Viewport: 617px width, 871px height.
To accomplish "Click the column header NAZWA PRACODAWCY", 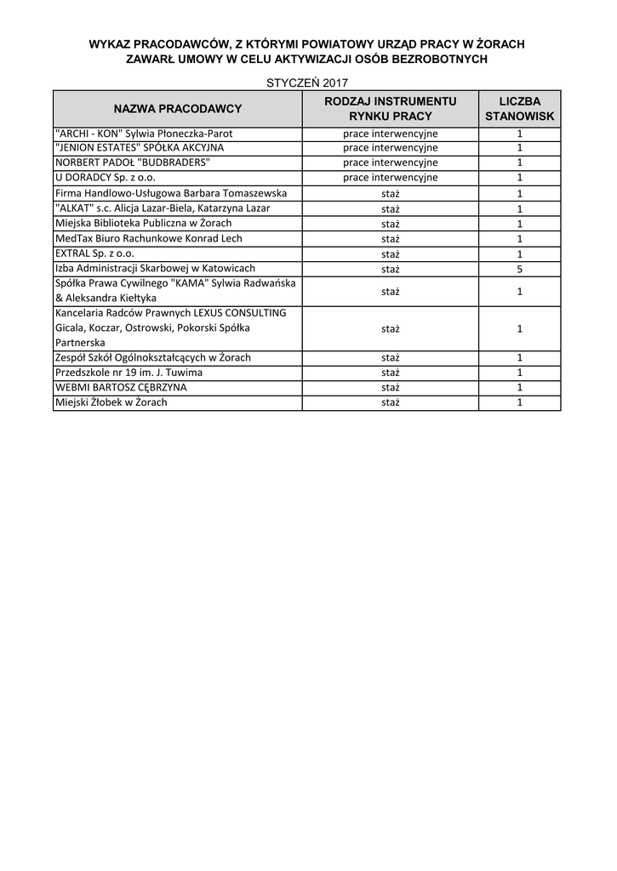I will click(177, 109).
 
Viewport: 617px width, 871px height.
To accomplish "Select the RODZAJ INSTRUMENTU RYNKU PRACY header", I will click(391, 109).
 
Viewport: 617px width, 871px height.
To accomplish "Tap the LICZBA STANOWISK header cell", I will click(519, 109).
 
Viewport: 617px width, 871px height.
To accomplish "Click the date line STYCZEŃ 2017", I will click(307, 83).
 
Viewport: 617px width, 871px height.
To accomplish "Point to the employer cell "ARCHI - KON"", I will click(143, 134).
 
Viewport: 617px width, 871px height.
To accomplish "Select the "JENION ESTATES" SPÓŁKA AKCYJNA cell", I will click(139, 148).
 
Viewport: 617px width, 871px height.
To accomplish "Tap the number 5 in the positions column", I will click(519, 269).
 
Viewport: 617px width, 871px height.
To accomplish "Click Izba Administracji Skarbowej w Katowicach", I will click(155, 269).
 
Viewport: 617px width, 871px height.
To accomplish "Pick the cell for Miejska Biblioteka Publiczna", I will click(143, 224).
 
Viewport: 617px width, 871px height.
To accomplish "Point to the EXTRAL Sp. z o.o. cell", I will click(94, 253).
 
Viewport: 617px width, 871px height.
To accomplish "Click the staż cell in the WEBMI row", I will click(391, 388).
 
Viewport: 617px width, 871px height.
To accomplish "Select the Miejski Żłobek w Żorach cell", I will click(111, 402).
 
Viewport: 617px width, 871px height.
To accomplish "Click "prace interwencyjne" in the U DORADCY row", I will click(391, 178).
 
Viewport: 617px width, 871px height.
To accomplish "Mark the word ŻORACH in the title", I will click(500, 43).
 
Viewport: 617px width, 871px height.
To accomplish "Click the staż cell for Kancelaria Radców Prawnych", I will click(391, 328).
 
